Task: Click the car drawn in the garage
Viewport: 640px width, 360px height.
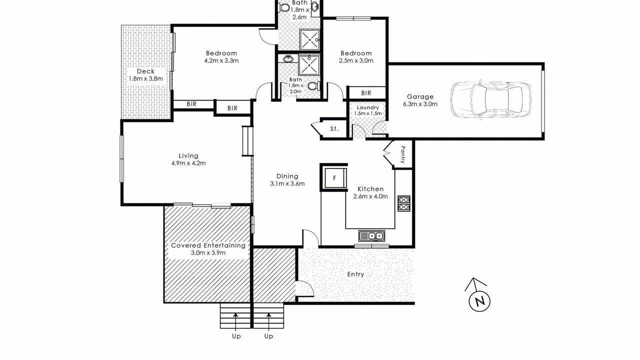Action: (x=490, y=100)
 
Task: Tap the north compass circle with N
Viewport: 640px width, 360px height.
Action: (x=479, y=301)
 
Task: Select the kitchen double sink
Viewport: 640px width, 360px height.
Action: (x=371, y=236)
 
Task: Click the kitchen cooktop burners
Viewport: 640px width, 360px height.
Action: (x=404, y=203)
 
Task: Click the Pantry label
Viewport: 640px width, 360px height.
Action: (x=403, y=154)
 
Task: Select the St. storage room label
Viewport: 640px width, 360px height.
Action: (x=334, y=129)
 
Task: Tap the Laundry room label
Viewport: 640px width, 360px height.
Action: (x=367, y=107)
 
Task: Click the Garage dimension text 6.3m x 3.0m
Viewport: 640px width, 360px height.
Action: (x=420, y=104)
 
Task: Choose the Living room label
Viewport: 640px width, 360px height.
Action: (x=188, y=155)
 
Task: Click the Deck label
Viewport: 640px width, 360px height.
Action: (x=145, y=71)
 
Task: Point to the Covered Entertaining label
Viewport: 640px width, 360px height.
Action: (x=208, y=245)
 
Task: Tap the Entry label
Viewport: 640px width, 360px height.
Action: (x=355, y=274)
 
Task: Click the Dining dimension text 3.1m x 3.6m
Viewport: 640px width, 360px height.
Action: (x=287, y=183)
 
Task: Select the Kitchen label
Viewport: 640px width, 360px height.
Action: (x=370, y=189)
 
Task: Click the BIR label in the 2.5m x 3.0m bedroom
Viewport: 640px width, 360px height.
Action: (x=366, y=93)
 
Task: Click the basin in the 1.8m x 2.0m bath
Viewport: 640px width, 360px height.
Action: (x=288, y=59)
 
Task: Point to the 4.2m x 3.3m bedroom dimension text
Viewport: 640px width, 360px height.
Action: (x=221, y=60)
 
